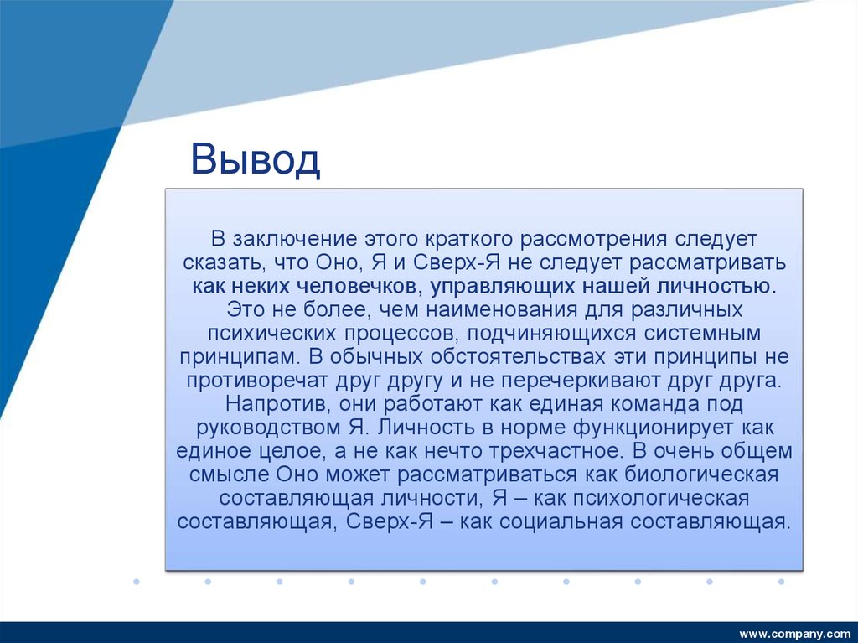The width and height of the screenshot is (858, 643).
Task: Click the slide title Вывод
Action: click(x=255, y=159)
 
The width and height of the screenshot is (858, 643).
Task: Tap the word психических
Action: click(x=267, y=333)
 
